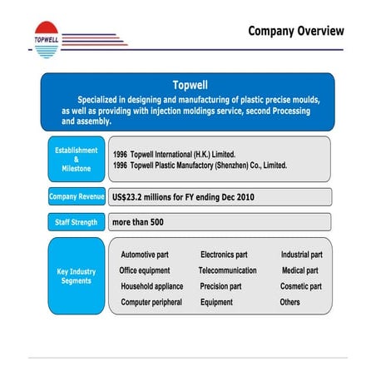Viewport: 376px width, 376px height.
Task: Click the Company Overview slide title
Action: click(295, 32)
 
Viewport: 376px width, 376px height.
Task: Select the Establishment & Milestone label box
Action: click(76, 159)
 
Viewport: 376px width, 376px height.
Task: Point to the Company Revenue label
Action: click(76, 197)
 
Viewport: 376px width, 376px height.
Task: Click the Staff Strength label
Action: click(76, 222)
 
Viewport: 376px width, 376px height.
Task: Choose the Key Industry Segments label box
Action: click(76, 276)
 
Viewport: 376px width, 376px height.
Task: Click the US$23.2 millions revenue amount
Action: click(183, 197)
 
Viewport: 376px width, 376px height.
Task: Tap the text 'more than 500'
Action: click(137, 222)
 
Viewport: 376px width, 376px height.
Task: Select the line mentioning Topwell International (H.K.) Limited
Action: click(175, 154)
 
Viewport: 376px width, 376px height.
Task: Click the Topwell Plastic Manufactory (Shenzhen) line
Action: click(200, 166)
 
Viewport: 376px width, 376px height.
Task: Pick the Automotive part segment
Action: click(150, 255)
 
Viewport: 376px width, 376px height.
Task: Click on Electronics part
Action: click(224, 255)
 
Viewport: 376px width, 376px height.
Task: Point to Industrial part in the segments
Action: click(301, 255)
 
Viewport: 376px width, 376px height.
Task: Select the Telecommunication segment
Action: click(227, 270)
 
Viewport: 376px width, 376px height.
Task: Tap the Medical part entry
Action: click(299, 270)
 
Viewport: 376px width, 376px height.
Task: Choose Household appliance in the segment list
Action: click(151, 286)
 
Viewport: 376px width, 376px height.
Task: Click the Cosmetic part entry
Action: click(300, 286)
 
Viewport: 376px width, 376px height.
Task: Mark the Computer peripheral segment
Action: click(151, 302)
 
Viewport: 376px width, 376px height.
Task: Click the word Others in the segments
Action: click(289, 302)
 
